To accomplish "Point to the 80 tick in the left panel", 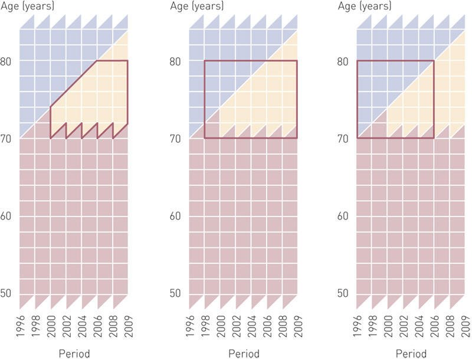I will [9, 61].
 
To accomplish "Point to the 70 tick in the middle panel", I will [178, 139].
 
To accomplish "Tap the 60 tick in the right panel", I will [347, 217].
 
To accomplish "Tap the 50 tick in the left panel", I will [9, 294].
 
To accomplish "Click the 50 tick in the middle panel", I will [178, 294].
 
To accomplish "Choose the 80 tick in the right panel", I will [347, 61].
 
